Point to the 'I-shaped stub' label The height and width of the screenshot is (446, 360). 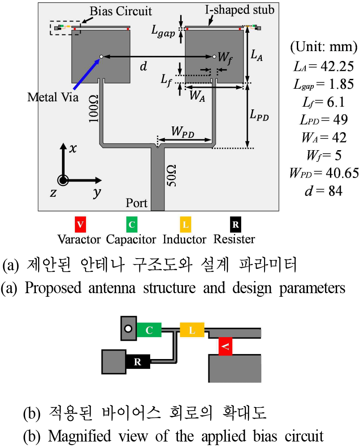pyautogui.click(x=244, y=9)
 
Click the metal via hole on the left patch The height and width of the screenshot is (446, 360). pyautogui.click(x=101, y=56)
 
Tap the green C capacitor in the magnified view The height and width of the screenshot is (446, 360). pyautogui.click(x=150, y=330)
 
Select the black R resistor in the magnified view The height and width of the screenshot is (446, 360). pyautogui.click(x=138, y=361)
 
